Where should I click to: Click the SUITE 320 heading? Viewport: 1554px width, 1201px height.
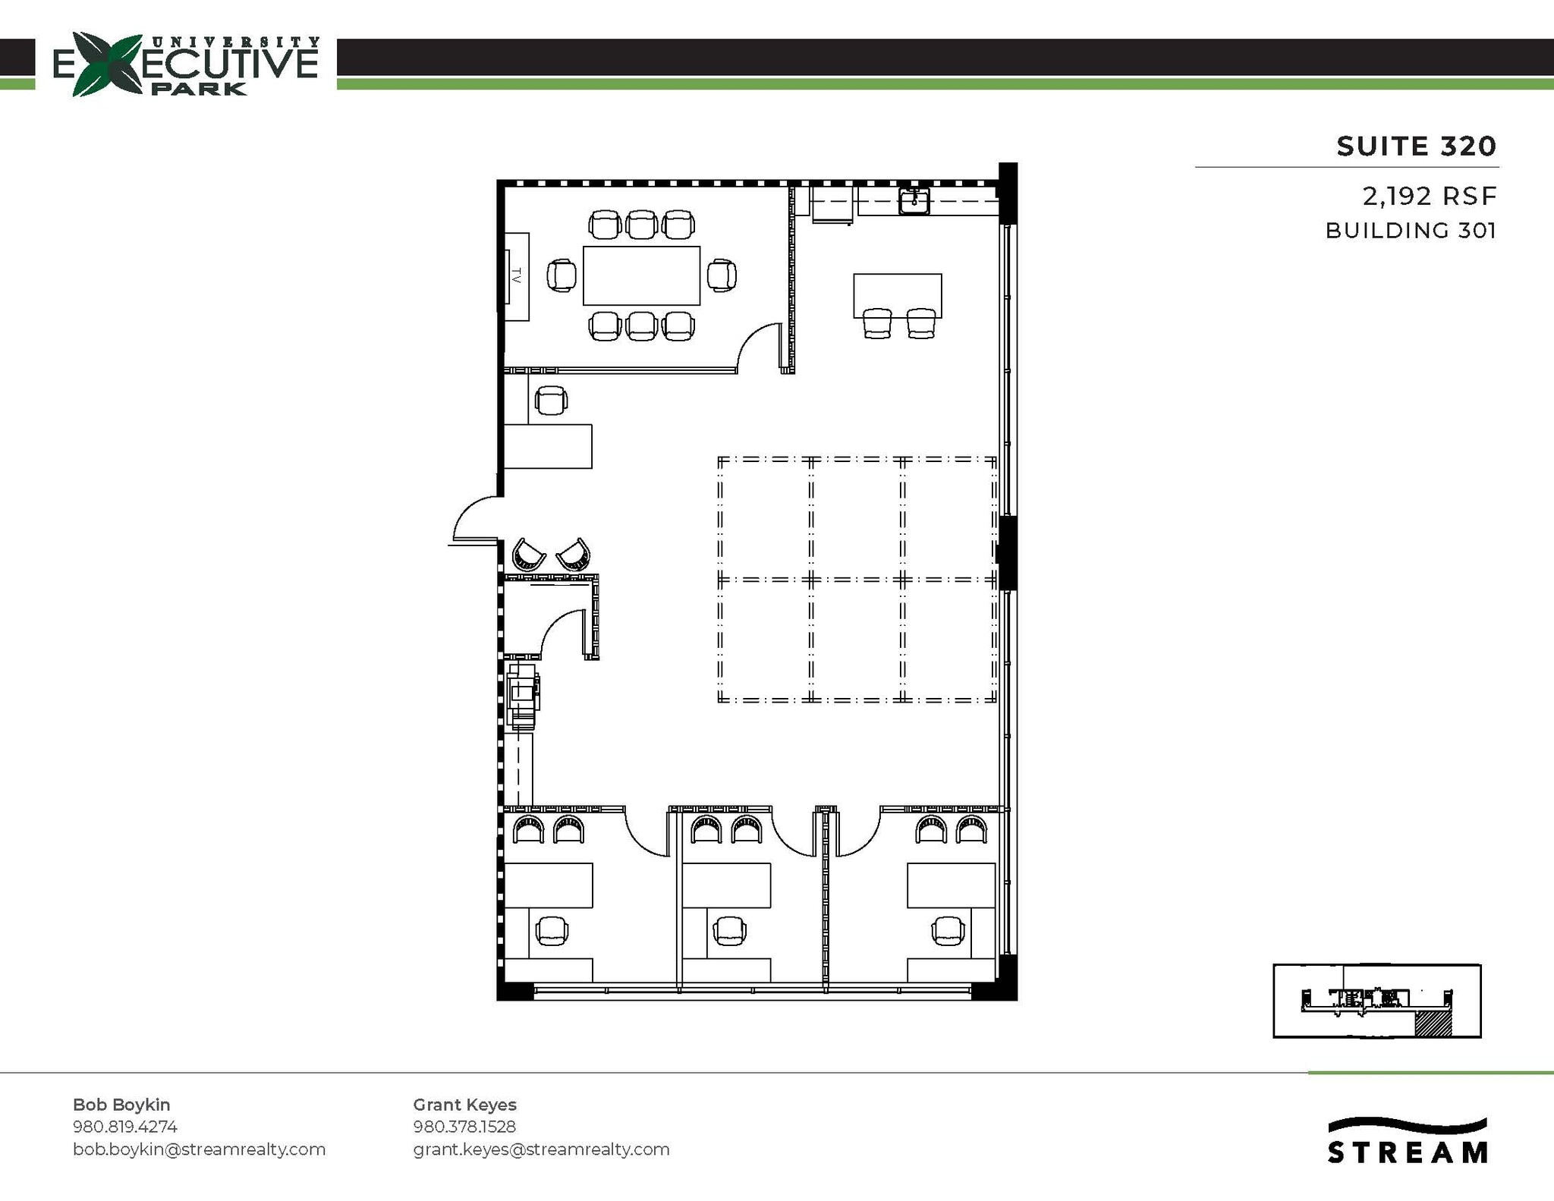pyautogui.click(x=1416, y=146)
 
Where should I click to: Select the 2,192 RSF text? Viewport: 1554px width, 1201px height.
pyautogui.click(x=1430, y=196)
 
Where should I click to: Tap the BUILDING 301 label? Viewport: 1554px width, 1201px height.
pyautogui.click(x=1411, y=231)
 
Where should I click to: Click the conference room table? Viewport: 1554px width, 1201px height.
pyautogui.click(x=641, y=275)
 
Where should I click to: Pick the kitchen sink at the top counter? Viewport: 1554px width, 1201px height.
pyautogui.click(x=914, y=201)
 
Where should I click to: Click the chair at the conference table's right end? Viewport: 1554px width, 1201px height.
pyautogui.click(x=722, y=275)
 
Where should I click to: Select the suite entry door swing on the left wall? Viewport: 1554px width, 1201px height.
pyautogui.click(x=476, y=520)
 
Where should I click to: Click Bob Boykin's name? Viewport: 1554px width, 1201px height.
pyautogui.click(x=121, y=1105)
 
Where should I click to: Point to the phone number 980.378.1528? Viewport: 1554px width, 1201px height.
pyautogui.click(x=464, y=1127)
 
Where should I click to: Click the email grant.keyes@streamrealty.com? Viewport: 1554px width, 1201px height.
pyautogui.click(x=541, y=1149)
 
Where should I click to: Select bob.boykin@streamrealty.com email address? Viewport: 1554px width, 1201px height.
pyautogui.click(x=199, y=1149)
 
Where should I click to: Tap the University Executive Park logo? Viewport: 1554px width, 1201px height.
pyautogui.click(x=186, y=64)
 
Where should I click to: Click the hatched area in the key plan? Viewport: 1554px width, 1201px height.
pyautogui.click(x=1433, y=1023)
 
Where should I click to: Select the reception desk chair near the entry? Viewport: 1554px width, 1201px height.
pyautogui.click(x=551, y=401)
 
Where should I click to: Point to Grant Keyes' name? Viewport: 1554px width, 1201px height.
pyautogui.click(x=464, y=1105)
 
